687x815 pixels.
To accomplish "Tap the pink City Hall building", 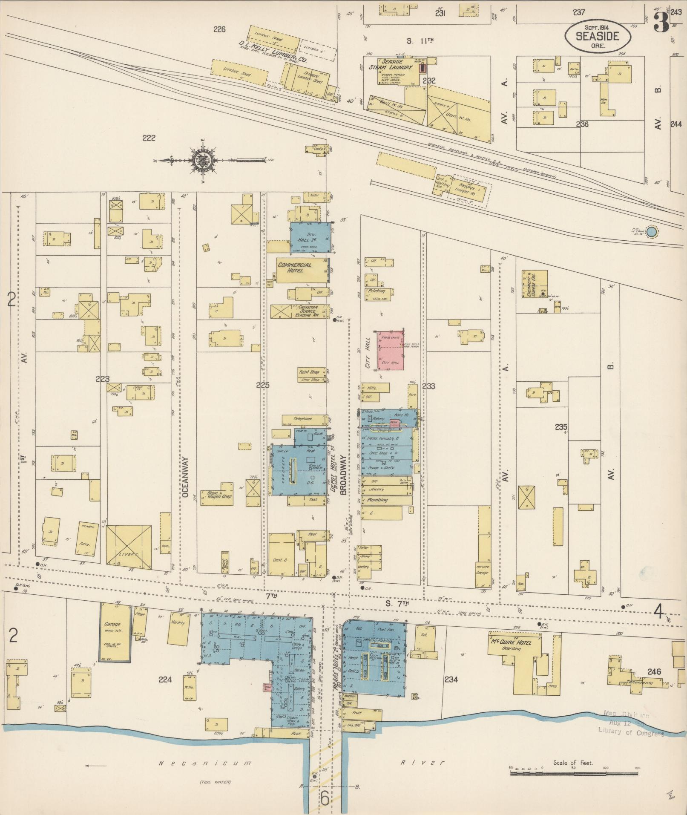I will click(x=390, y=351).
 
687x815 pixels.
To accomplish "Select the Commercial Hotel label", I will click(x=295, y=268).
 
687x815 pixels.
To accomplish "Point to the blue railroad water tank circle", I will click(x=651, y=232).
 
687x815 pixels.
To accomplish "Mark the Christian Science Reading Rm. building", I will click(x=300, y=311).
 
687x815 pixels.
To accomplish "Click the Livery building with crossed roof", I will click(x=129, y=548).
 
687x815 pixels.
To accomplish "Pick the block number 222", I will click(x=149, y=138).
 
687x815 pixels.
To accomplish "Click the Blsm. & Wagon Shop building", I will click(x=220, y=495).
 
